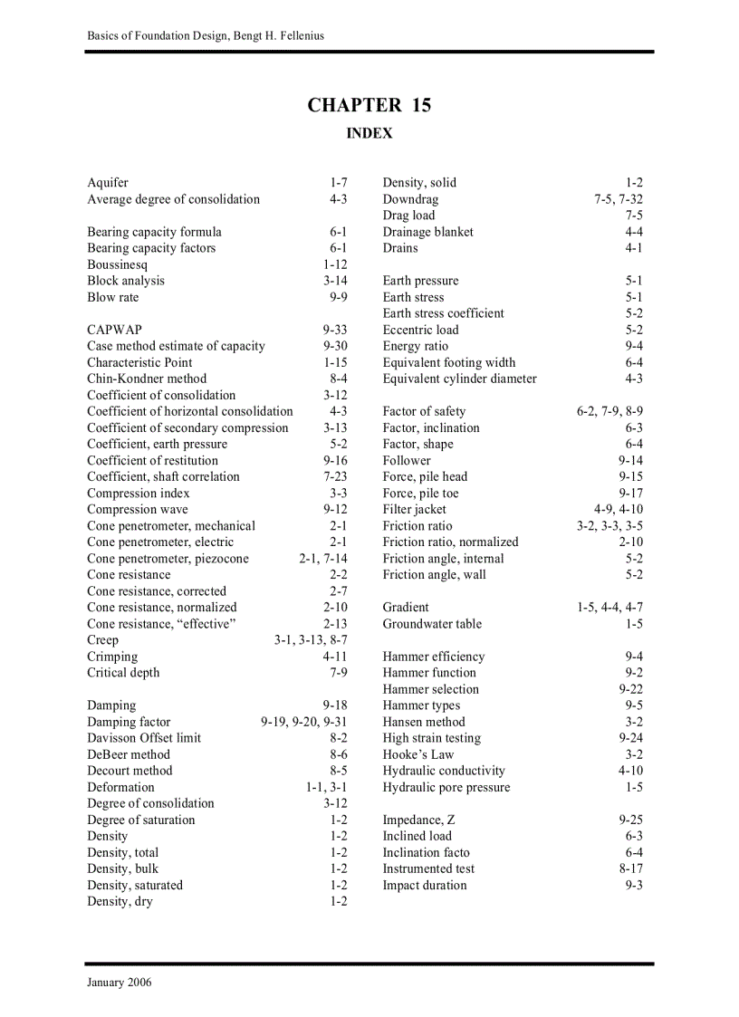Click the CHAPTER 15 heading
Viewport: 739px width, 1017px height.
click(369, 105)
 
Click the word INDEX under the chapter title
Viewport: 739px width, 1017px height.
click(369, 133)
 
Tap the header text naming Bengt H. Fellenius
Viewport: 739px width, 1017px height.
click(206, 35)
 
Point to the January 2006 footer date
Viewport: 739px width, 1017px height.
click(120, 983)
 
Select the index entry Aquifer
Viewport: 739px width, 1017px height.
click(108, 182)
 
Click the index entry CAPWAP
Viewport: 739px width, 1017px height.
click(114, 330)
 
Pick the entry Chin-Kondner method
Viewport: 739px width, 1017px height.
click(147, 379)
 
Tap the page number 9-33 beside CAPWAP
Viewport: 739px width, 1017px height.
click(334, 330)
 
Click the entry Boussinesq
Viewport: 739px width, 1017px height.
click(117, 264)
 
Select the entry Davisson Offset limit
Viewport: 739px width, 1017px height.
click(144, 738)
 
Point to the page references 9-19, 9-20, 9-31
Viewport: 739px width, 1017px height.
click(303, 722)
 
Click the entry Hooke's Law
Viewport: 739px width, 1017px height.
click(417, 754)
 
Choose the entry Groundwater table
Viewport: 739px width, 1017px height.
click(432, 624)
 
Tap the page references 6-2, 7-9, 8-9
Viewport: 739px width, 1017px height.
click(609, 411)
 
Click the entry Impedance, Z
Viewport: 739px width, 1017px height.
click(418, 820)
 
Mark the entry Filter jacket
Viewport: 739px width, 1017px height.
click(414, 509)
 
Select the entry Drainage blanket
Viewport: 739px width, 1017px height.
click(427, 232)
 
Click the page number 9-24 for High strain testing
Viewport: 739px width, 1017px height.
click(630, 738)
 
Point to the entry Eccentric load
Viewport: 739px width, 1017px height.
click(420, 330)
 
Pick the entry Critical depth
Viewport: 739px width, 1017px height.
click(123, 673)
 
